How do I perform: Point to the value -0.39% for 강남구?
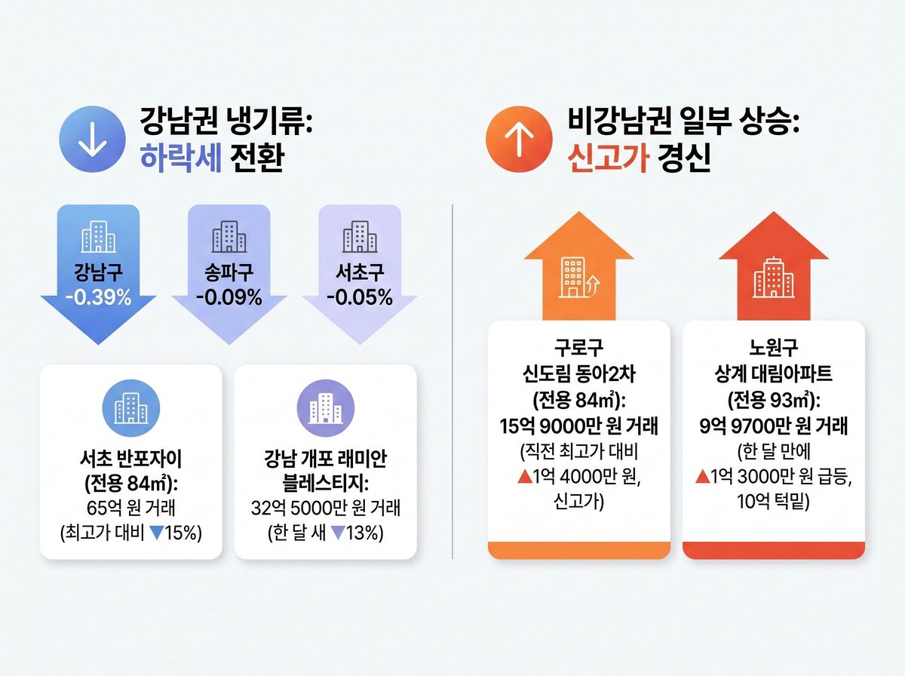point(98,297)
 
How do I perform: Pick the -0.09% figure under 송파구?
point(229,297)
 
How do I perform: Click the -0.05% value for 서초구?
point(360,297)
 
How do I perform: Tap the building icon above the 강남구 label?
point(99,238)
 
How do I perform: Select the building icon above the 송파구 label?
point(229,238)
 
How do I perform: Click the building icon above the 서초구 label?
point(360,238)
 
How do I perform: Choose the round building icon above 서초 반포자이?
point(130,408)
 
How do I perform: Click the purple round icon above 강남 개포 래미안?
point(326,408)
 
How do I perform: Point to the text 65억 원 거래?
point(130,507)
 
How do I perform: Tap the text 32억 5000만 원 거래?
point(326,507)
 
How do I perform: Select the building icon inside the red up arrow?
point(774,277)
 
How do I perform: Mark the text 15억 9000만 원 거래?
point(578,426)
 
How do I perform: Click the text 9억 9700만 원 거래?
point(774,426)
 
